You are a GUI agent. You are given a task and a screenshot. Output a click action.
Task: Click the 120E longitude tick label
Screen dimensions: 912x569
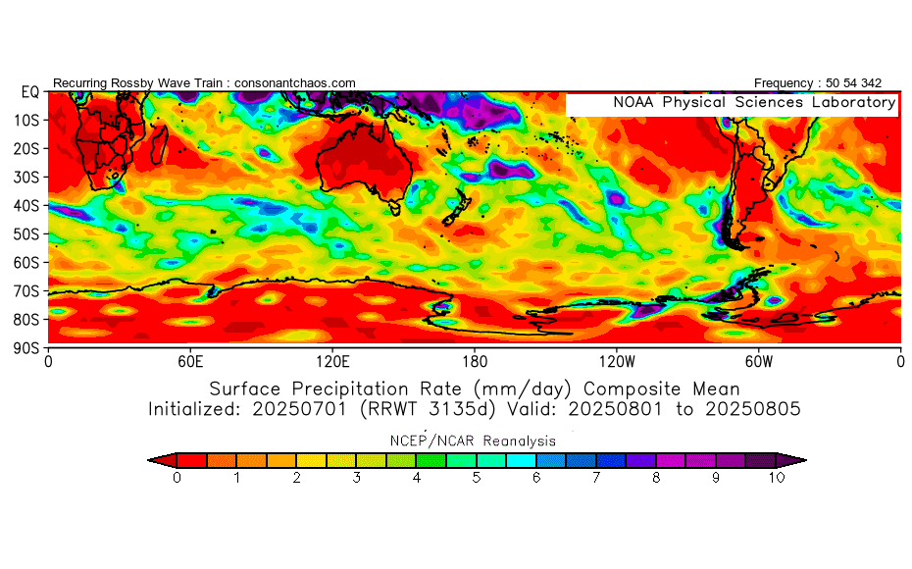(332, 362)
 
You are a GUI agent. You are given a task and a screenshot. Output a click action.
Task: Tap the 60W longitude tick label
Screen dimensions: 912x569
(758, 362)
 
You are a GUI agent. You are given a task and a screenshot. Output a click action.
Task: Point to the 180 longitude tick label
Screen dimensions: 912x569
(475, 362)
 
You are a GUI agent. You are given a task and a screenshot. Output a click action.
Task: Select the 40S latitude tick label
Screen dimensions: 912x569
(26, 205)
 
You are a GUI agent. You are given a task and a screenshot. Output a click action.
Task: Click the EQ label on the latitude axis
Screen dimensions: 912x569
(30, 92)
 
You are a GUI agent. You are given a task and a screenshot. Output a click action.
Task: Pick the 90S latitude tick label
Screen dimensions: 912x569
(26, 348)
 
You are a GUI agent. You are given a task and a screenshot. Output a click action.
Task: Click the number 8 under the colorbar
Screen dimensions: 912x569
(656, 478)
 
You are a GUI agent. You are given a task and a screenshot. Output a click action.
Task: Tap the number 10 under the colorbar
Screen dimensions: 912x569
(777, 478)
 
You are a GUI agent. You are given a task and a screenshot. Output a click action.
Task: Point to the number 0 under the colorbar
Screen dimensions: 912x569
(177, 478)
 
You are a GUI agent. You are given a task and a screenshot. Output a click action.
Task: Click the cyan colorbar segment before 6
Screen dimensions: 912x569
(521, 460)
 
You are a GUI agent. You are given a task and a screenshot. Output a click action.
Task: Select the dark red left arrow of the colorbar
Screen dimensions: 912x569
(162, 460)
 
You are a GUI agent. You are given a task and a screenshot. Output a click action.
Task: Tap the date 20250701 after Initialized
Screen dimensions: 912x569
(299, 409)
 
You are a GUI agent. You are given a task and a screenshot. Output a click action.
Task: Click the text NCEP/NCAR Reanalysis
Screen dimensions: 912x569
(473, 441)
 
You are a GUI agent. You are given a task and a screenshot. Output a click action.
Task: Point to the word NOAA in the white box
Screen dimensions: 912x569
(633, 102)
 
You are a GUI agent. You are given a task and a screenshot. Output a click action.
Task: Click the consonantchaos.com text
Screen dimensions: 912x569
(295, 83)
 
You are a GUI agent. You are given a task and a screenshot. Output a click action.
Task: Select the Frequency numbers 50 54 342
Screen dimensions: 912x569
(853, 83)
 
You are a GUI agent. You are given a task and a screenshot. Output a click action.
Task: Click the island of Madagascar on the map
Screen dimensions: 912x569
(159, 145)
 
